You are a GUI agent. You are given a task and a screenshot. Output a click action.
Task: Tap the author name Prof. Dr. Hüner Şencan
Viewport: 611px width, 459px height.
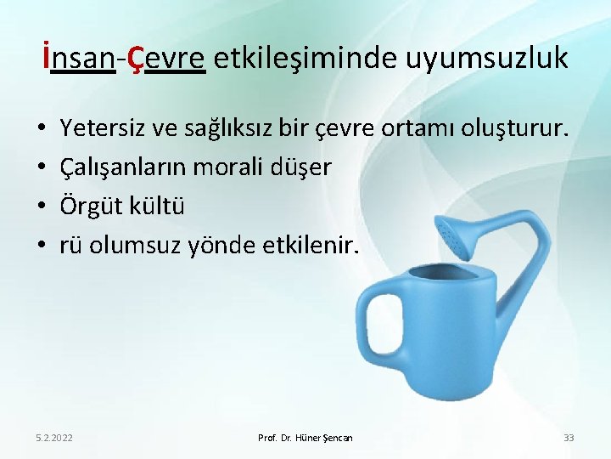(x=305, y=438)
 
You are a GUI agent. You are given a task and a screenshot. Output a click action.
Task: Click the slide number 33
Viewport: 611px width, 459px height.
(x=569, y=438)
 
